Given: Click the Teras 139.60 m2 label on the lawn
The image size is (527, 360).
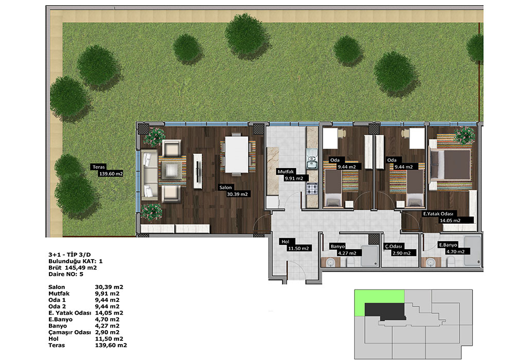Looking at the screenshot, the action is click(x=107, y=170).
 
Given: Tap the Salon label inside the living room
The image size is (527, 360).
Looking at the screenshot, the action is click(x=225, y=187).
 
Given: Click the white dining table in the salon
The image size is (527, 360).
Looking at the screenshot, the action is click(x=237, y=154).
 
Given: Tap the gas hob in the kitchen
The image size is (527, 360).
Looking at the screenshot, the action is click(x=311, y=189).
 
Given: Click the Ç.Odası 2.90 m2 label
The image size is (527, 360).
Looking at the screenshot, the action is click(x=400, y=249).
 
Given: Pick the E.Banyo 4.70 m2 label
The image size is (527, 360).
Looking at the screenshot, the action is click(x=453, y=248).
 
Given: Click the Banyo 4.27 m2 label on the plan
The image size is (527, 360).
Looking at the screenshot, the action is click(x=345, y=249).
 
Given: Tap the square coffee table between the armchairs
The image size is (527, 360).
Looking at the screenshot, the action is click(x=172, y=171).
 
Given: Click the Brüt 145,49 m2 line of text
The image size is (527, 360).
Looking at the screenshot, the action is click(x=73, y=267).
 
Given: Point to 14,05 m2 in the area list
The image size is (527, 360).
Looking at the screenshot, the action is click(x=109, y=313).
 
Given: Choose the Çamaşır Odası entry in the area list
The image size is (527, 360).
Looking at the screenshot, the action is click(x=69, y=332).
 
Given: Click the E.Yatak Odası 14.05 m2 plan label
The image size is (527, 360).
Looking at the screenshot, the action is click(x=443, y=217).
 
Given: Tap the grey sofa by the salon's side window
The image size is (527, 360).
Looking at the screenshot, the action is click(x=149, y=175).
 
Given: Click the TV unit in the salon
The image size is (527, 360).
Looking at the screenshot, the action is click(x=198, y=171).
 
